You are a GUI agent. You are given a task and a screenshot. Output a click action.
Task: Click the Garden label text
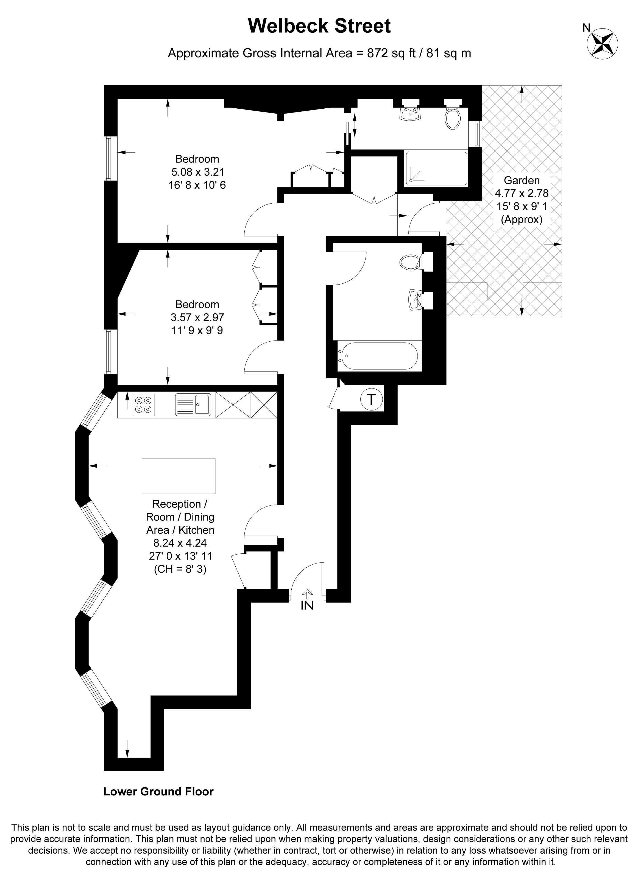pyautogui.click(x=522, y=180)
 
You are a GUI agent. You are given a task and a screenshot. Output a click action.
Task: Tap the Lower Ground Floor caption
pyautogui.click(x=158, y=791)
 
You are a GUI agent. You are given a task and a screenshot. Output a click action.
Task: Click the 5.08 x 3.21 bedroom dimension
pyautogui.click(x=197, y=172)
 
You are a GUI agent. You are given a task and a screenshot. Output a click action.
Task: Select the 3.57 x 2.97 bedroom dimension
pyautogui.click(x=197, y=317)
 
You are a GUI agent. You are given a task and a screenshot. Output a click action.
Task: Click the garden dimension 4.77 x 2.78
pyautogui.click(x=522, y=193)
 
